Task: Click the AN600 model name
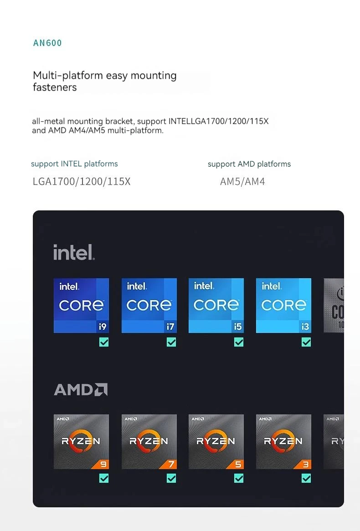coord(47,43)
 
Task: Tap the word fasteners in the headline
coord(55,87)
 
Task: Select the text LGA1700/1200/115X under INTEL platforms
coord(82,182)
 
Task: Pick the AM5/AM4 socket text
coord(242,182)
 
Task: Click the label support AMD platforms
coord(249,164)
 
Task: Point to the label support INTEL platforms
coord(74,164)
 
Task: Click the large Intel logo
coord(74,252)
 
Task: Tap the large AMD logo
coord(81,390)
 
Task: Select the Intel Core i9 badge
coord(81,306)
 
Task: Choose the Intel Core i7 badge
coord(149,306)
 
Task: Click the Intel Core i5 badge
coord(216,306)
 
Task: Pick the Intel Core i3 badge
coord(283,306)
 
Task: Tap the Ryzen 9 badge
coord(81,441)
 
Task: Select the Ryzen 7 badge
coord(149,441)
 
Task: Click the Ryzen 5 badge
coord(216,441)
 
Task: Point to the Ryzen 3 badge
coord(283,441)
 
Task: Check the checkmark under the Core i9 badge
coord(104,342)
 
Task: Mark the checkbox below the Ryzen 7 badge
coord(171,478)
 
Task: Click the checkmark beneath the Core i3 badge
coord(306,342)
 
